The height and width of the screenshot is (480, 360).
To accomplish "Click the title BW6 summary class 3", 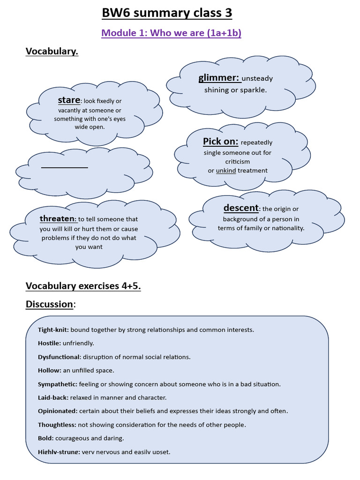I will click(x=167, y=13).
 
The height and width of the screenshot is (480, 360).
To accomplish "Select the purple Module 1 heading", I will click(x=171, y=33).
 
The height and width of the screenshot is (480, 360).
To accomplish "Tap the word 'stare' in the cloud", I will click(x=69, y=100).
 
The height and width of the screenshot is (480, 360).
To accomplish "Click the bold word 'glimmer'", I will click(x=218, y=78).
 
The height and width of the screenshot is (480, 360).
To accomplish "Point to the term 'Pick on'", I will click(x=220, y=142).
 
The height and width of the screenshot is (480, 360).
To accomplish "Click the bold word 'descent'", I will click(x=241, y=208).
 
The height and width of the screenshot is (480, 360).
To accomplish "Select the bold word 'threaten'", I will click(x=57, y=218).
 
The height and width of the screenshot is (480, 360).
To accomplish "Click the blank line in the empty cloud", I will click(x=64, y=167).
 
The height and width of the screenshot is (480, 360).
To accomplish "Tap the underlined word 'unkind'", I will click(x=225, y=171).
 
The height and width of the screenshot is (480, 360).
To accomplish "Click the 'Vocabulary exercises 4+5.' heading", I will click(x=83, y=286).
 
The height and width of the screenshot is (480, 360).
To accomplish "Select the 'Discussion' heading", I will click(x=49, y=304).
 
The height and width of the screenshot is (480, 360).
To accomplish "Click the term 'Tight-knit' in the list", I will click(x=53, y=330).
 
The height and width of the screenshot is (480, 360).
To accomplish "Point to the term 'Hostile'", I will click(x=49, y=343).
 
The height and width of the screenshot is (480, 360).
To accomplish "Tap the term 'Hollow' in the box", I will click(x=49, y=370).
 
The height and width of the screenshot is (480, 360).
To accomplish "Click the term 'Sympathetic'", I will click(x=57, y=384).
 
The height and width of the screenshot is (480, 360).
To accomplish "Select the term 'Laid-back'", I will click(x=53, y=397).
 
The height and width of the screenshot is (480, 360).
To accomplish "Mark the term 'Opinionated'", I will click(x=57, y=411).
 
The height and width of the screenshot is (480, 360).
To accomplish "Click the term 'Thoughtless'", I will click(x=57, y=425).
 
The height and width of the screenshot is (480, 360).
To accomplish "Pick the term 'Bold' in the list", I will click(x=45, y=438).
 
